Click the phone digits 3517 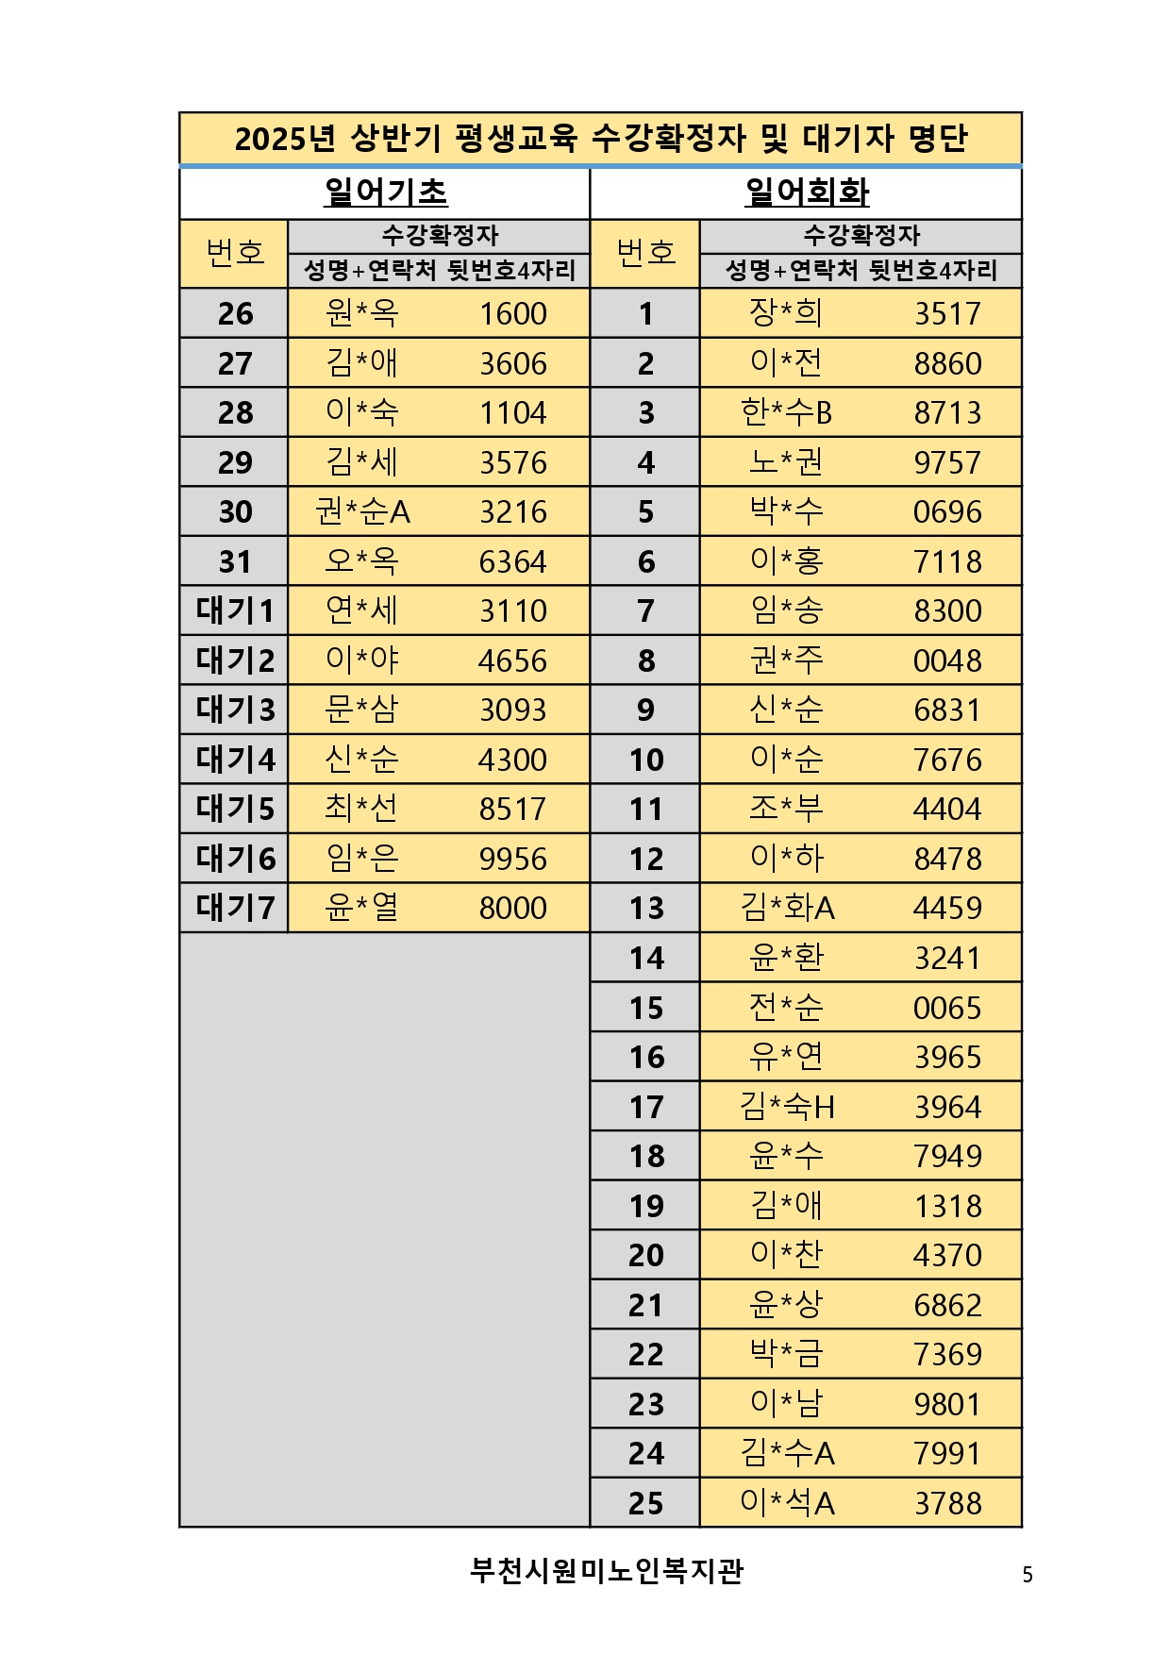(x=947, y=313)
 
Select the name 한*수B (x=786, y=412)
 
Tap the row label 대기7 (x=235, y=908)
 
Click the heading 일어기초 (x=385, y=192)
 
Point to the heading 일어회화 (x=807, y=192)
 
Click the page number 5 (x=1028, y=1574)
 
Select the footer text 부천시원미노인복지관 (x=607, y=1571)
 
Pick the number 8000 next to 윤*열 (x=512, y=908)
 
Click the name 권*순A (x=362, y=511)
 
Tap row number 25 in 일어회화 (x=646, y=1503)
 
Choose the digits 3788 (x=947, y=1503)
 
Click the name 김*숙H (x=787, y=1107)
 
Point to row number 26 (x=235, y=313)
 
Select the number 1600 (x=512, y=313)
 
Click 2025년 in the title (x=284, y=139)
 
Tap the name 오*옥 (x=361, y=561)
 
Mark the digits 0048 (x=947, y=660)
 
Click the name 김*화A (x=787, y=908)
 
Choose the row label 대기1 (x=235, y=610)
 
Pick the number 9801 (x=947, y=1404)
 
